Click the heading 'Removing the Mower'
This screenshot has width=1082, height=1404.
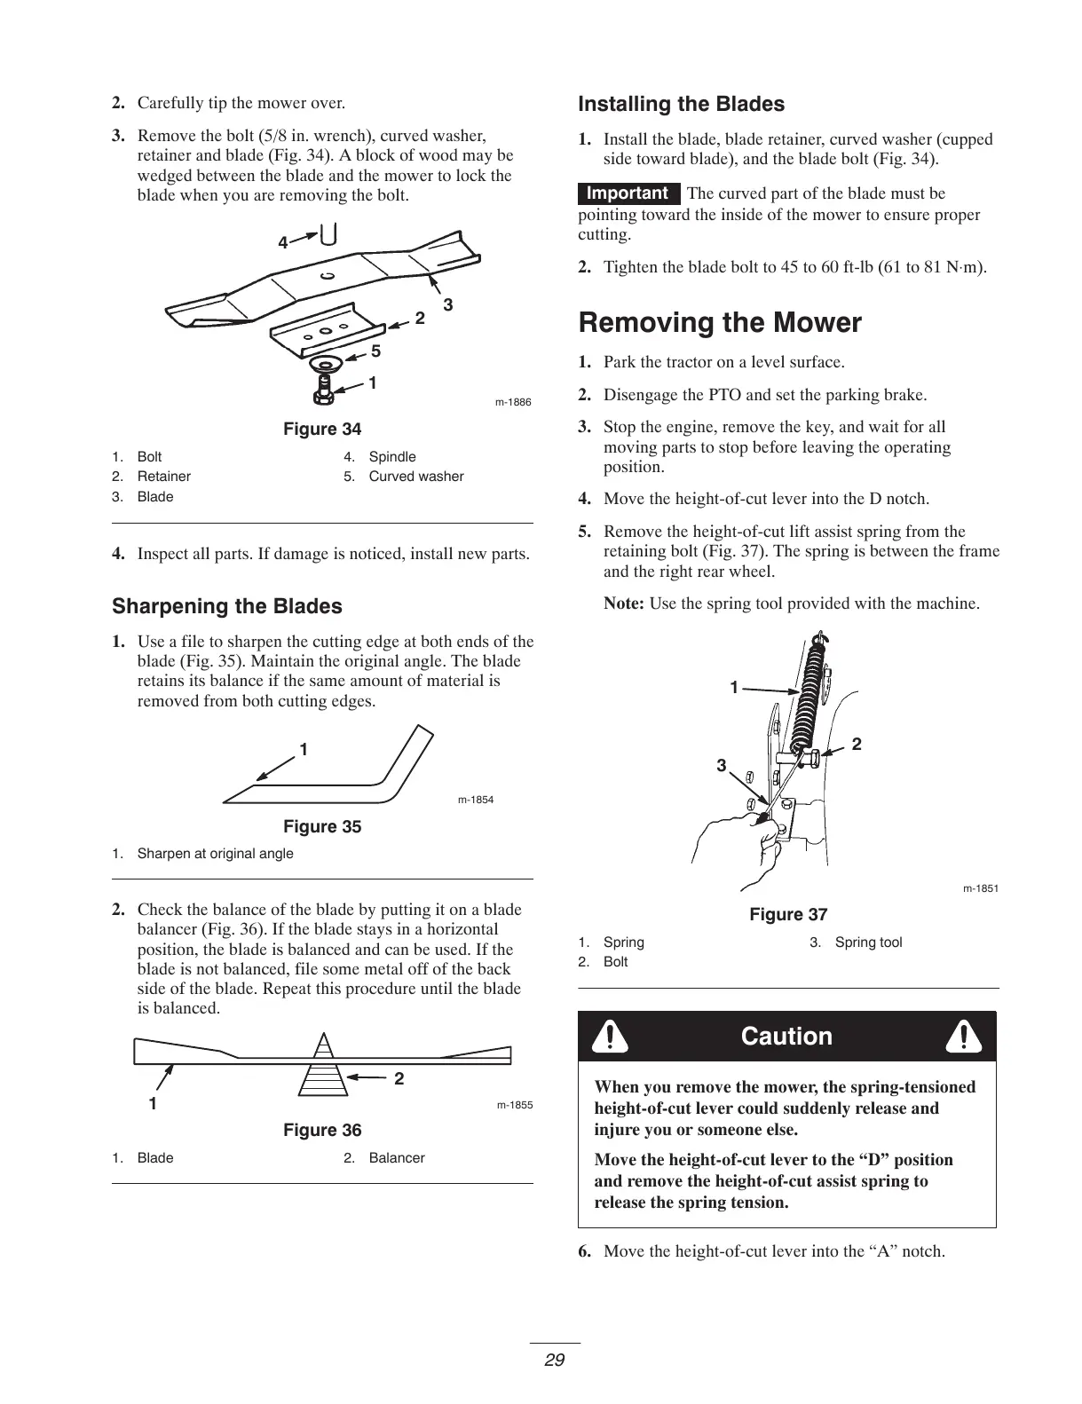tap(719, 322)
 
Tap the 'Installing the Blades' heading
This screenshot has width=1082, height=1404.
tap(681, 104)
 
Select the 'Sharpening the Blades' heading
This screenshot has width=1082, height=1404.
tap(226, 606)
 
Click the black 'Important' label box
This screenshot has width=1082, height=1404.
tap(628, 193)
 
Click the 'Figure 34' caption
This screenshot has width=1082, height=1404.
tap(322, 430)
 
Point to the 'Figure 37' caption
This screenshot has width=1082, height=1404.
tap(788, 914)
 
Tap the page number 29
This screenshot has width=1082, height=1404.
tap(555, 1360)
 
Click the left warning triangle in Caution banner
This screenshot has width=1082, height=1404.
tap(611, 1037)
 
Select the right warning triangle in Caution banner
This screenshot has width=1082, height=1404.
tap(963, 1037)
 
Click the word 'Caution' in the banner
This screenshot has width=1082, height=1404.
tap(786, 1037)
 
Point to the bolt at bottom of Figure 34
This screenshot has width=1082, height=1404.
tap(326, 387)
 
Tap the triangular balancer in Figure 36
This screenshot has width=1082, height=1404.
tap(324, 1069)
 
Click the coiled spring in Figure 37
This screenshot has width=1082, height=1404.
tap(812, 692)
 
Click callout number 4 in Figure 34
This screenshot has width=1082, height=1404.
tap(282, 242)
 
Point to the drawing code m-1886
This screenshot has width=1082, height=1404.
tap(513, 402)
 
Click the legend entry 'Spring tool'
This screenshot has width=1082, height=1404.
tap(868, 942)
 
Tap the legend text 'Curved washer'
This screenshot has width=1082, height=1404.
tap(415, 477)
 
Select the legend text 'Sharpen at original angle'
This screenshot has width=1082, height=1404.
tap(215, 854)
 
